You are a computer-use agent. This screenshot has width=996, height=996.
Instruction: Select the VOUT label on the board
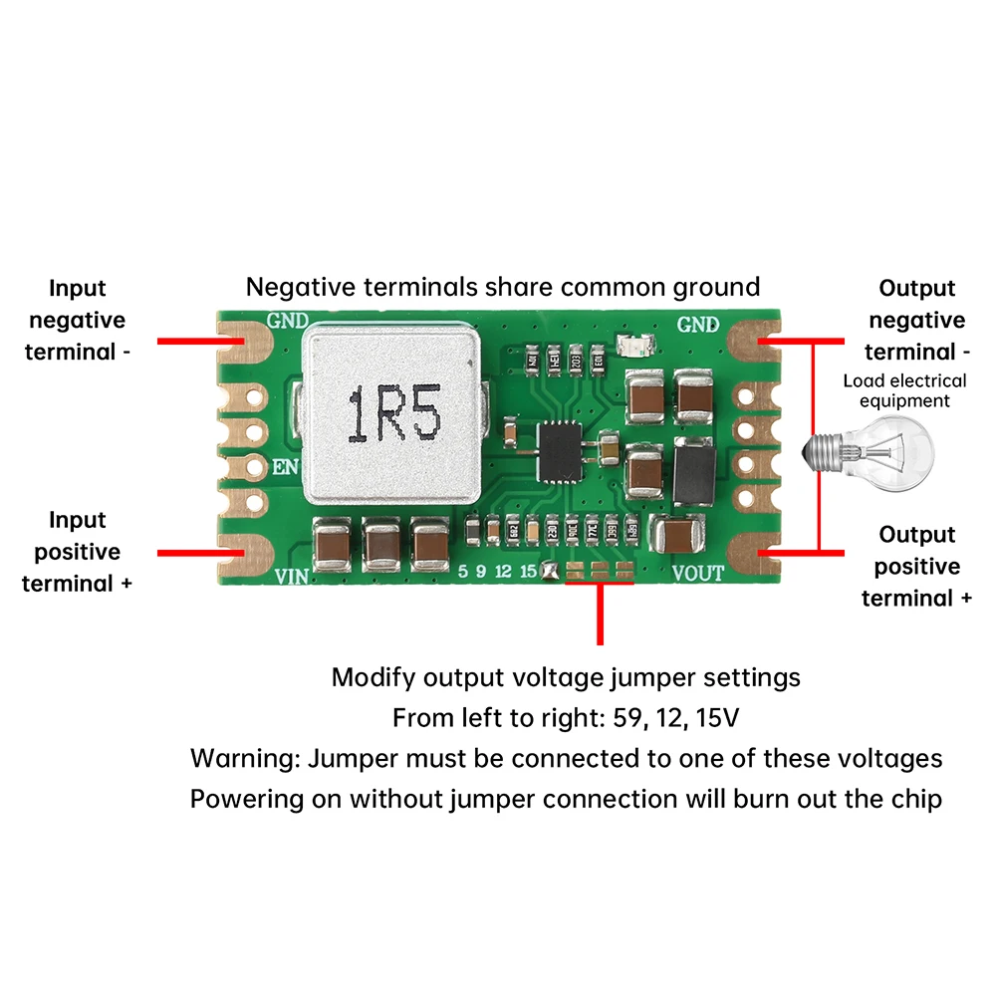click(698, 573)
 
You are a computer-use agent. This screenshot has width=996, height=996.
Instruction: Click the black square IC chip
click(562, 451)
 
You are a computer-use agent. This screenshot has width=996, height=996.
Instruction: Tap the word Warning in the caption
click(243, 758)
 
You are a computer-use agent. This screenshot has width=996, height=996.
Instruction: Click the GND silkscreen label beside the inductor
click(290, 323)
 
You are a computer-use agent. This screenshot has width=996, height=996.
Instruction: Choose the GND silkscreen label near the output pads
click(697, 324)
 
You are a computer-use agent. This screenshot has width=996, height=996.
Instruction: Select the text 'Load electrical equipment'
click(890, 390)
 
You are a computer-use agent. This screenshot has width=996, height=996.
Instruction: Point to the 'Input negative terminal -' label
click(77, 320)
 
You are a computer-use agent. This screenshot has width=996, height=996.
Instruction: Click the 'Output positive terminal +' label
click(917, 566)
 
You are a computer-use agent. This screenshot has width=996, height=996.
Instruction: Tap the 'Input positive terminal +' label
click(77, 551)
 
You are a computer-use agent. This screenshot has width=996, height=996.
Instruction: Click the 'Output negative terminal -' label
click(917, 320)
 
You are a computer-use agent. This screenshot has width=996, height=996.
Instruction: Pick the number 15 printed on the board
click(527, 571)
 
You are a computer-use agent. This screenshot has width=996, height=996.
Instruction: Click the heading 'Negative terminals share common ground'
click(503, 288)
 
